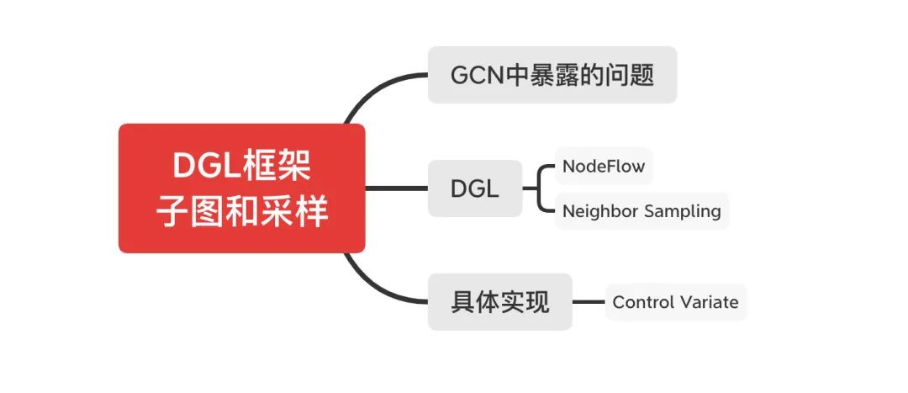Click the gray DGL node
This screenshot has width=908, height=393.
[x=474, y=189]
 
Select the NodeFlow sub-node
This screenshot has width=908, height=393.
[x=604, y=166]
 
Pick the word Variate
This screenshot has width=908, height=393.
[x=708, y=302]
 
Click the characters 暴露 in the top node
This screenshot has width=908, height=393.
[x=554, y=75]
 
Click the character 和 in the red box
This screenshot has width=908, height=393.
[x=242, y=212]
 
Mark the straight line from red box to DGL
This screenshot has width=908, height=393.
[x=396, y=189]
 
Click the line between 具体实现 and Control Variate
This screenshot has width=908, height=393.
[x=589, y=302]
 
